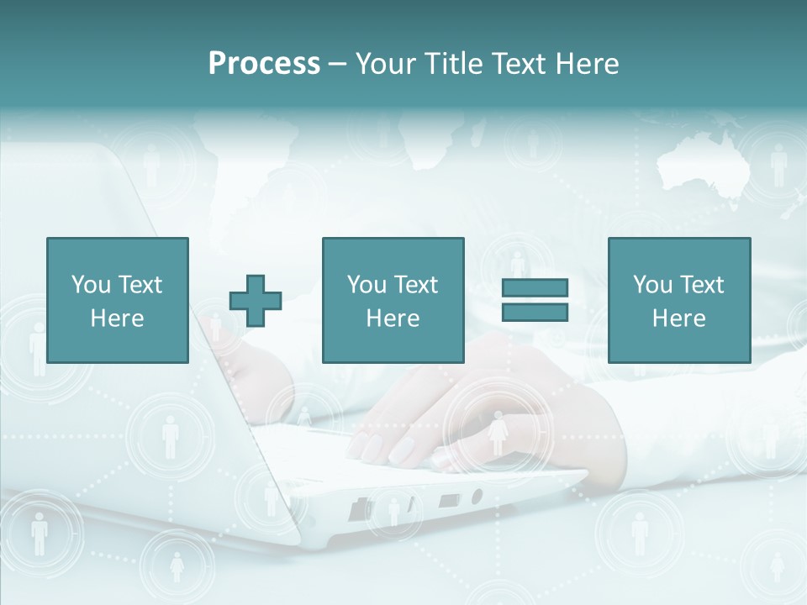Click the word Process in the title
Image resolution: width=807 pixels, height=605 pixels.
click(264, 64)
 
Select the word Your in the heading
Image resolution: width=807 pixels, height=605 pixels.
click(388, 64)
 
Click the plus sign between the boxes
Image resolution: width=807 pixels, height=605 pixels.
click(256, 301)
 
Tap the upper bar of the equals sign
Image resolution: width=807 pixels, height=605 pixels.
click(535, 287)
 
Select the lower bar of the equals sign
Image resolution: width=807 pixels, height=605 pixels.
click(535, 312)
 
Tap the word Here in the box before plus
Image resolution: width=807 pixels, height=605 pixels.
click(117, 318)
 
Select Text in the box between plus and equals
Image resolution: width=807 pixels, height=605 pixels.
click(417, 285)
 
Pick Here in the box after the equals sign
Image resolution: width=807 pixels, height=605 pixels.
click(678, 318)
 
